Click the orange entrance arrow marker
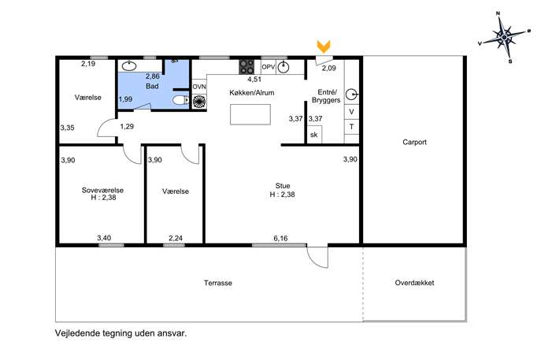[x=324, y=46]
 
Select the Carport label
[x=414, y=142]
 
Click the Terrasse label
[x=217, y=283]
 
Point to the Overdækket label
[x=414, y=282]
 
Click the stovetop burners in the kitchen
[x=246, y=67]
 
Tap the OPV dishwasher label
[x=268, y=67]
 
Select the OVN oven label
[x=199, y=87]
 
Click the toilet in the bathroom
[x=180, y=100]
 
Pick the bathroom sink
[x=129, y=66]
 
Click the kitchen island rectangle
[x=250, y=114]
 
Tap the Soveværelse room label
[x=102, y=190]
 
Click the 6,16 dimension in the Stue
[x=280, y=238]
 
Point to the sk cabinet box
[x=314, y=134]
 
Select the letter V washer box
[x=351, y=112]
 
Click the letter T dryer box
[x=351, y=127]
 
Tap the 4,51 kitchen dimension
[x=254, y=79]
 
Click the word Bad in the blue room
[x=152, y=86]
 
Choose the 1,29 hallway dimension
[x=127, y=126]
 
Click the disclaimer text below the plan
[x=120, y=333]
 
